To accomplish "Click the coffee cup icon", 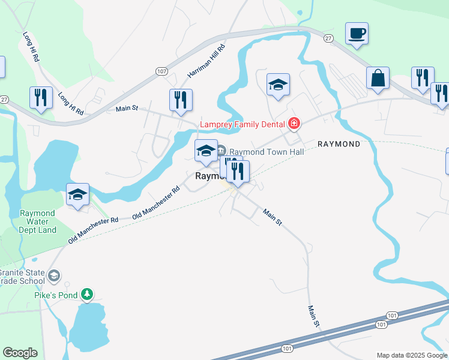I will [357, 34].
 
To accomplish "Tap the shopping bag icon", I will [378, 79].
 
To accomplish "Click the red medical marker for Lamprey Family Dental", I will [294, 124].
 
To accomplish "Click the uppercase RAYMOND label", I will [339, 145].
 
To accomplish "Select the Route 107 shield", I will [161, 71].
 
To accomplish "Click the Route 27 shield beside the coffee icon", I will [328, 38].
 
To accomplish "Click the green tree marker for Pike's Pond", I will [88, 294].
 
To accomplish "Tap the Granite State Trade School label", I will [22, 276].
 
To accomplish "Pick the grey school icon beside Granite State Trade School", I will [54, 275].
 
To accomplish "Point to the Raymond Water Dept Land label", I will [38, 221].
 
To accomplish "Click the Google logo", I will [20, 353].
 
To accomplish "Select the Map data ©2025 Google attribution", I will [412, 355].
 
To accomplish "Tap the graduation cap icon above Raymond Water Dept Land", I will [77, 194].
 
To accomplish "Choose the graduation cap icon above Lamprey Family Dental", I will [278, 85].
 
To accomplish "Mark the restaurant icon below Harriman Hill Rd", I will [181, 100].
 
